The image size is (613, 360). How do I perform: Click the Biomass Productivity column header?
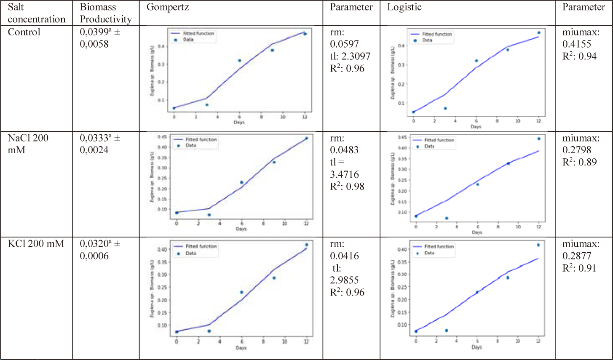106,13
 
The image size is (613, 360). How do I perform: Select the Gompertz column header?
168,8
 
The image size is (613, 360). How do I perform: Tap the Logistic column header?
404,8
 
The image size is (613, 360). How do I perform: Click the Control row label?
24,32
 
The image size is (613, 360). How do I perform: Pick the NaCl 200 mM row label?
28,144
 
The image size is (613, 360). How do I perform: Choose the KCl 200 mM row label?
36,243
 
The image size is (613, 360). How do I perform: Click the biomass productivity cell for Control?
99,38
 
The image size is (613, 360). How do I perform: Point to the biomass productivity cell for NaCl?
99,144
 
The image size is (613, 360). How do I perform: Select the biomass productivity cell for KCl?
99,250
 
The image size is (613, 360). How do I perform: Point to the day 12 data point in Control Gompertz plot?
305,34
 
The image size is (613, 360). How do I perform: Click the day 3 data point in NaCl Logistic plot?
447,218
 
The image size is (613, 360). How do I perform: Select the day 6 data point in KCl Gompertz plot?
241,292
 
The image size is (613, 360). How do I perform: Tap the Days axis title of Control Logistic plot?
476,126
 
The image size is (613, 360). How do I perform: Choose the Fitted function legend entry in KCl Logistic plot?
439,246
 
